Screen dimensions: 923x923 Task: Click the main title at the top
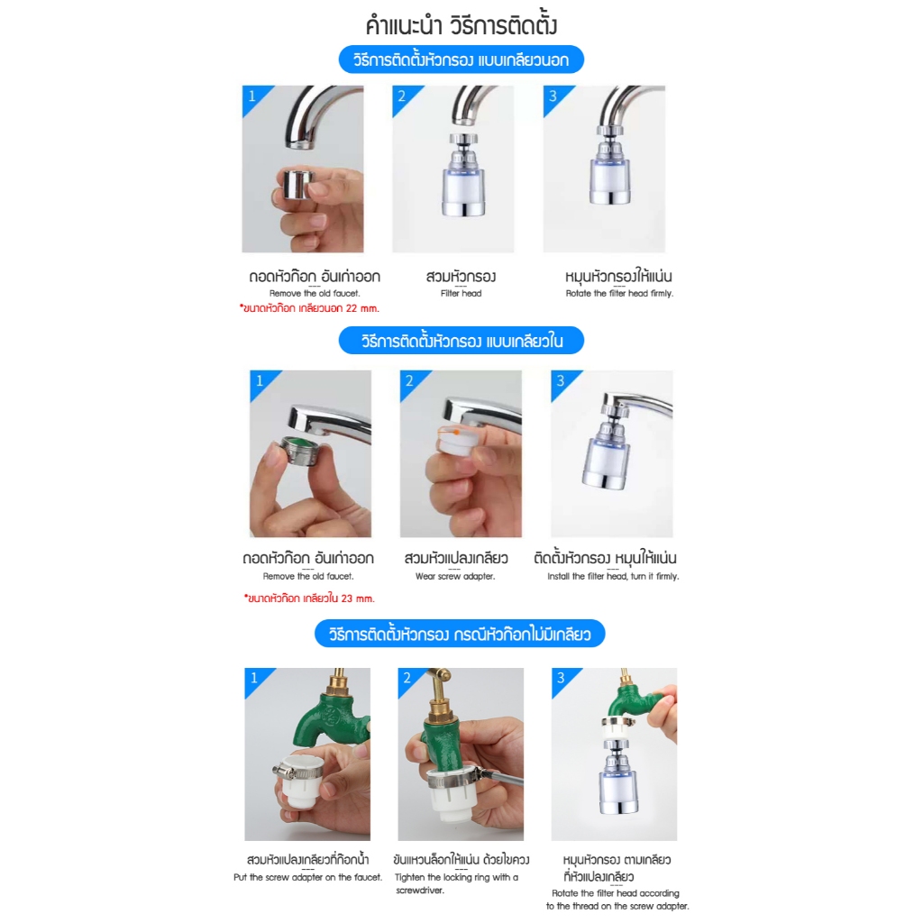(x=461, y=25)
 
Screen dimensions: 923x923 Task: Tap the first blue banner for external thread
(x=461, y=59)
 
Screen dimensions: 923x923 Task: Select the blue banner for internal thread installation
(x=461, y=340)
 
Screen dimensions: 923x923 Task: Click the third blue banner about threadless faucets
(x=460, y=634)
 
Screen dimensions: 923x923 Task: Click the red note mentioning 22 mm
(x=310, y=308)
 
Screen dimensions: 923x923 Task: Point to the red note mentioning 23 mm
(x=310, y=599)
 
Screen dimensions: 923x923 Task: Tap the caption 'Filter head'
(x=461, y=293)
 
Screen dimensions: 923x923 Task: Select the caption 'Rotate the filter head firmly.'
(x=619, y=293)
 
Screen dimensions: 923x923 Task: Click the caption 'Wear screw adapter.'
(x=455, y=576)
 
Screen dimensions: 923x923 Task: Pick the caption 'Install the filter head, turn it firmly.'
(x=613, y=576)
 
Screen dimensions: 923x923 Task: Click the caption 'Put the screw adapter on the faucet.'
(x=308, y=877)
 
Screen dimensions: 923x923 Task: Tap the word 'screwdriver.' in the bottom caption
(x=420, y=891)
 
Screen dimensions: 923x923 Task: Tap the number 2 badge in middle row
(x=409, y=381)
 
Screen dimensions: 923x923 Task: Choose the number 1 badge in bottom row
(x=253, y=678)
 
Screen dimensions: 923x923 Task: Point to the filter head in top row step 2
(x=463, y=176)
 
